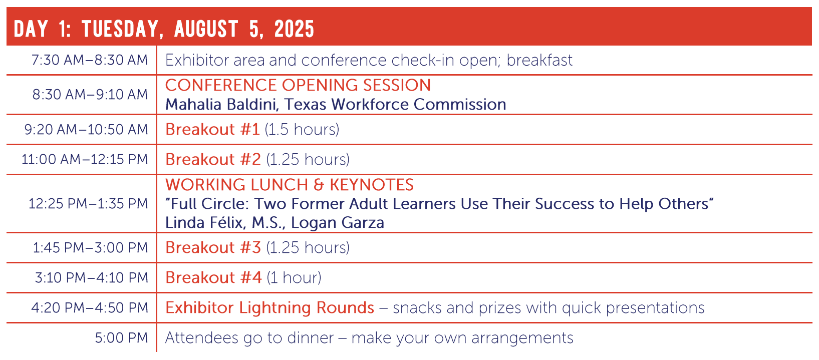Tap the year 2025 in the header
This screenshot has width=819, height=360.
[x=294, y=29]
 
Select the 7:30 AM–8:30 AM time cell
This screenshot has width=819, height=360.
[x=90, y=60]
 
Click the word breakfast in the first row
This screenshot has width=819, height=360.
[x=539, y=60]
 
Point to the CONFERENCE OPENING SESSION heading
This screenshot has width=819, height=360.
[x=298, y=85]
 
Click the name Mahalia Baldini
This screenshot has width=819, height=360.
[x=220, y=104]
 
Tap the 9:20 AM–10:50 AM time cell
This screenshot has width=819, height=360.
[x=86, y=130]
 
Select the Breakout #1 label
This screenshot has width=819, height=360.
[x=212, y=130]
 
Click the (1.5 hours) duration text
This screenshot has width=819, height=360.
[x=302, y=130]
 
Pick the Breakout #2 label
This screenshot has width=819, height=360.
[x=213, y=159]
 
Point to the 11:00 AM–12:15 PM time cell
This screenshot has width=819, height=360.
[x=85, y=159]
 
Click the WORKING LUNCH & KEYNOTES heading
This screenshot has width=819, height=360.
[x=290, y=185]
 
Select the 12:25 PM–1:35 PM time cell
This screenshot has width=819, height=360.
[x=88, y=204]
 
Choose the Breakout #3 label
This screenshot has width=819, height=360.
[x=213, y=247]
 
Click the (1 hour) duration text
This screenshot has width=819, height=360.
[x=294, y=277]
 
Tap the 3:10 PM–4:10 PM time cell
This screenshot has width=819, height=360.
[x=92, y=277]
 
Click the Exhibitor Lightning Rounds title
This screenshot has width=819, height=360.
[x=269, y=307]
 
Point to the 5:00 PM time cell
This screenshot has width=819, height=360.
[x=122, y=337]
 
